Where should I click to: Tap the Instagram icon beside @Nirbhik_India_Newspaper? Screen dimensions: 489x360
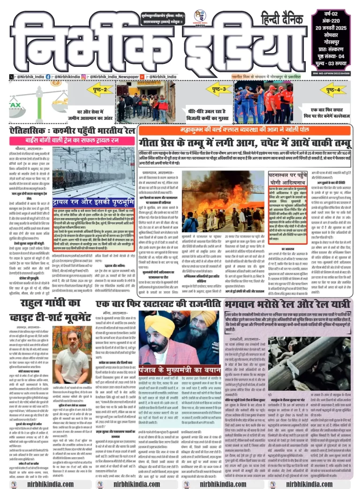pos(83,76)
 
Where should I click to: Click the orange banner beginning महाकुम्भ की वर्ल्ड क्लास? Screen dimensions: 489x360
pos(244,130)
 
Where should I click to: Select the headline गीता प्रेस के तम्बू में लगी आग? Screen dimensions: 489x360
pos(244,141)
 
